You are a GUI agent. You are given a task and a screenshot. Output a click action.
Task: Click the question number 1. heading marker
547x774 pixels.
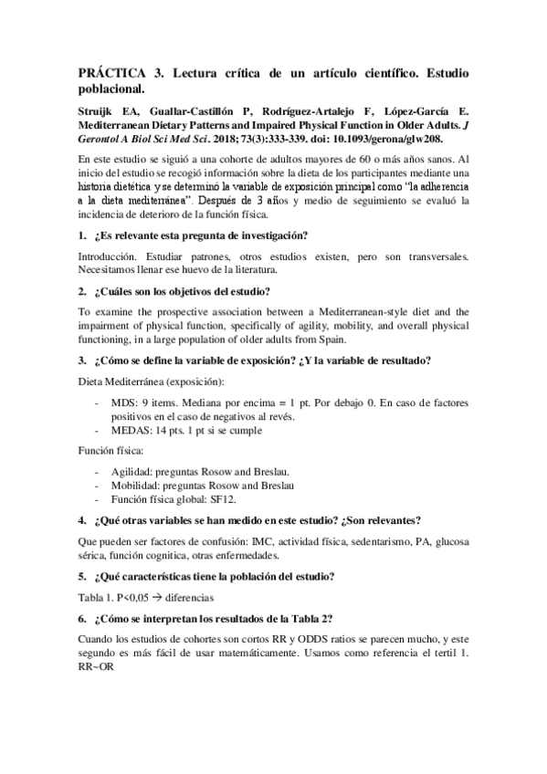[82, 235]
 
